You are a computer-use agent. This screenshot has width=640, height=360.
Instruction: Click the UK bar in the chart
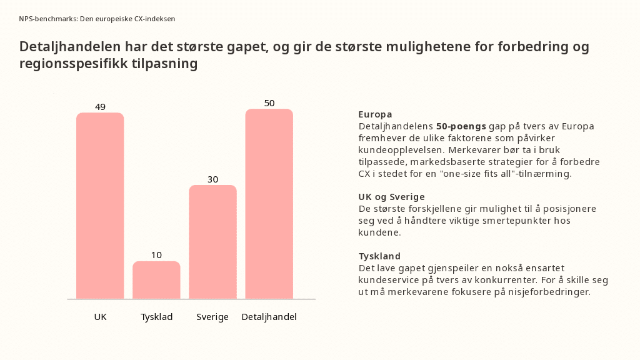click(100, 206)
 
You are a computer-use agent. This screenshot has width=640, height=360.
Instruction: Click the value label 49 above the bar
click(100, 107)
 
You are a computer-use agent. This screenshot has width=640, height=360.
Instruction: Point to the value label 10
click(156, 255)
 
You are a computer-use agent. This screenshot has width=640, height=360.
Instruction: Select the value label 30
click(212, 179)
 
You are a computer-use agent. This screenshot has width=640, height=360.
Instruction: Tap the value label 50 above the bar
click(269, 103)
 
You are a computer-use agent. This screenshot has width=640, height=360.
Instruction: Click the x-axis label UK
click(100, 317)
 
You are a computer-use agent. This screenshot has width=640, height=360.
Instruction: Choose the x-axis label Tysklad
click(156, 317)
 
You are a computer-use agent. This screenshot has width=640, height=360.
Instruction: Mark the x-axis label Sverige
click(212, 317)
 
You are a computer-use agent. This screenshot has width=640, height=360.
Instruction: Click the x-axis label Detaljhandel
click(269, 317)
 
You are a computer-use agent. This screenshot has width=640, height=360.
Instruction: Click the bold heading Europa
click(375, 114)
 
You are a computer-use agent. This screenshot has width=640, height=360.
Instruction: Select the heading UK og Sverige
click(391, 197)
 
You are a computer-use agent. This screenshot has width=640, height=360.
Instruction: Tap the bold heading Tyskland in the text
click(379, 256)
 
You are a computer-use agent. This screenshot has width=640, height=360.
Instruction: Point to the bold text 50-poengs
click(461, 126)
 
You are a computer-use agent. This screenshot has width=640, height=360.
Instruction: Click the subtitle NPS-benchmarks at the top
click(47, 19)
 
